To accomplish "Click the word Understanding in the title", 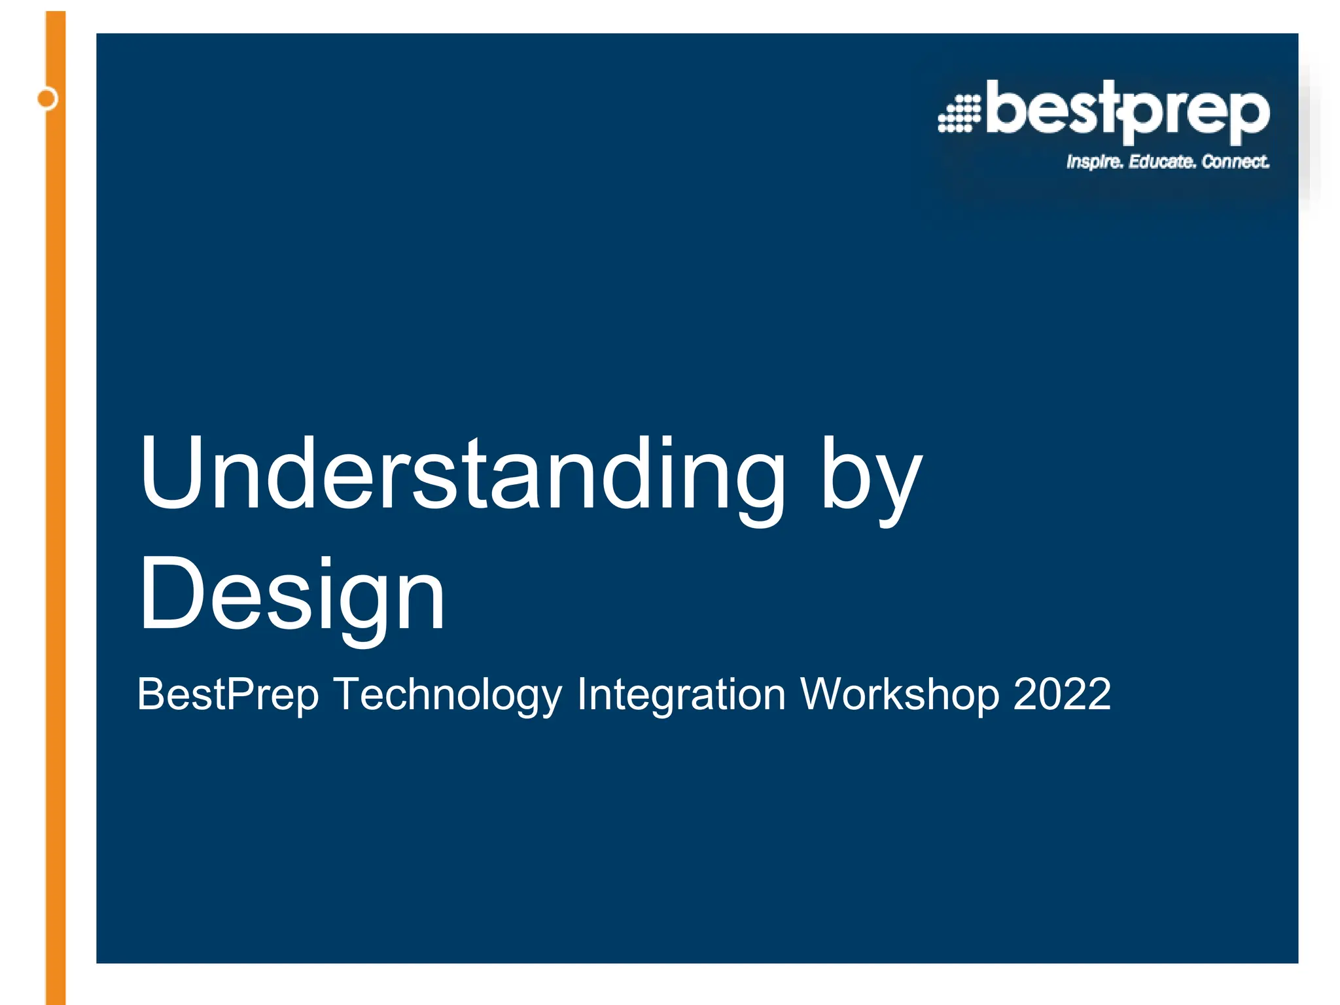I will point(461,472).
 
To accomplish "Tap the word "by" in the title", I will point(870,481).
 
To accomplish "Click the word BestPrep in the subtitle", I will point(227,695).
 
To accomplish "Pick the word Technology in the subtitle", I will point(448,695).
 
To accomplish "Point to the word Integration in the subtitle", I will point(680,695).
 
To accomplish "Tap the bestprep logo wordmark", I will point(1127,111).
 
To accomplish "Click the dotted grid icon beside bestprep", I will point(959,114).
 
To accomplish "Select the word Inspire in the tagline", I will point(1094,162).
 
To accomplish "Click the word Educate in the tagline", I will point(1161,161).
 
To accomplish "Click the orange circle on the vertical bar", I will point(47,99).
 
